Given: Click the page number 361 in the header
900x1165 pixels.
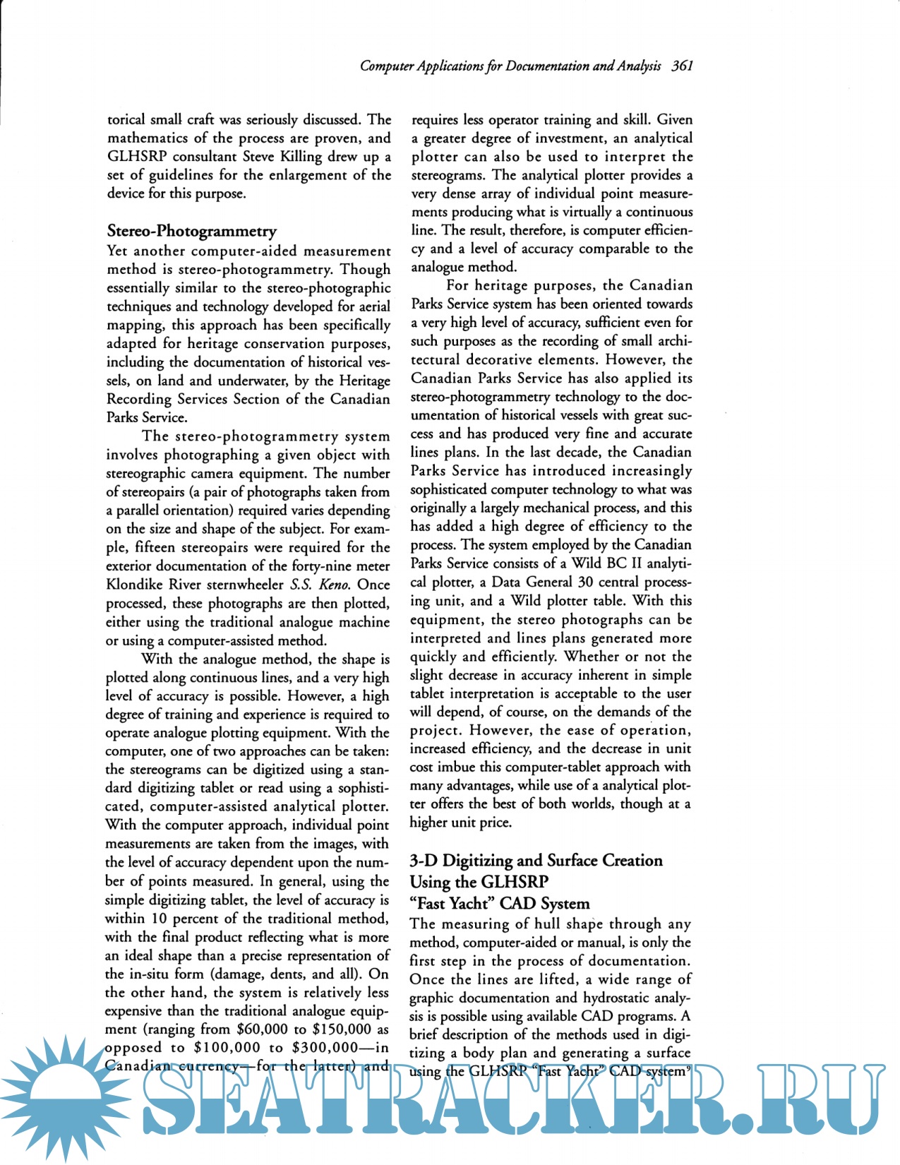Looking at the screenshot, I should tap(682, 66).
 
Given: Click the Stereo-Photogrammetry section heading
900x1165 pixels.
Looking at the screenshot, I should tap(191, 231).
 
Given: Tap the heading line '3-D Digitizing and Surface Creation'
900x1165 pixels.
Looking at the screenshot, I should tap(536, 860).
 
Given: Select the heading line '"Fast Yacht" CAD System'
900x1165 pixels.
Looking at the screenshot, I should tap(499, 903).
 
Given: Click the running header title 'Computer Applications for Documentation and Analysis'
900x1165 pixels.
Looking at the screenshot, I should tap(510, 66).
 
